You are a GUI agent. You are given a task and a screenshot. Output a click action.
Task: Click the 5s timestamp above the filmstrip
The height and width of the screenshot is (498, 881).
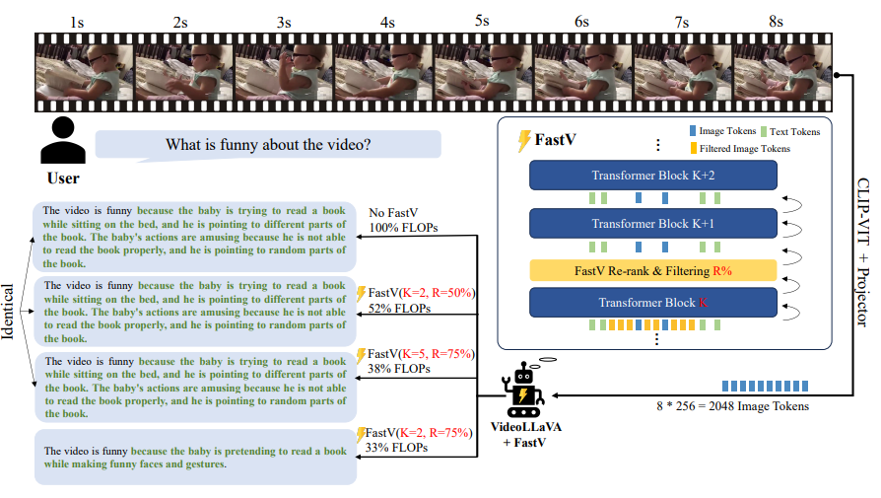coord(482,20)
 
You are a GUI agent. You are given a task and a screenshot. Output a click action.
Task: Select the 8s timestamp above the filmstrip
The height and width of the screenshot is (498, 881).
coord(779,20)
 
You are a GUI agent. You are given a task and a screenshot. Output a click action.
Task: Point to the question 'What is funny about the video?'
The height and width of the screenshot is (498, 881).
coord(268,146)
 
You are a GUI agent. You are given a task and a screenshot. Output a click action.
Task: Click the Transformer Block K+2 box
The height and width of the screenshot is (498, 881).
coord(652,176)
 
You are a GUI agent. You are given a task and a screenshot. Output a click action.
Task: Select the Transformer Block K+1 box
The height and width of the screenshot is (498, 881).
coord(652,224)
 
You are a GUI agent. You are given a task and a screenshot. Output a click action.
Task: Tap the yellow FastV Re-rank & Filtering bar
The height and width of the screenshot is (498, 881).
coord(652,270)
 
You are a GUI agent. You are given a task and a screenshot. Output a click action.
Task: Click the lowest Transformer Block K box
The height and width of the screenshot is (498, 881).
coord(652,303)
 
